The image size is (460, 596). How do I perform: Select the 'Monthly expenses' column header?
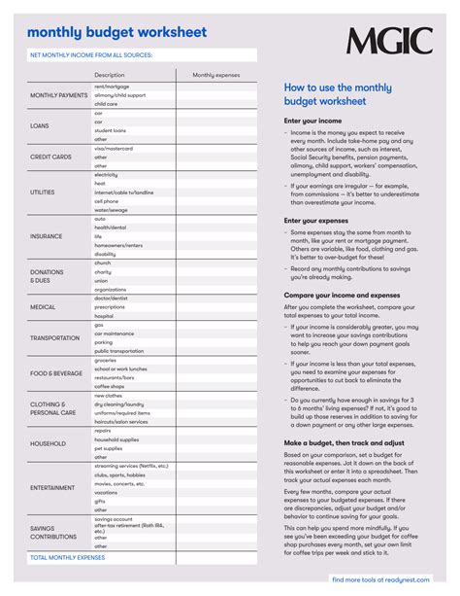coord(215,75)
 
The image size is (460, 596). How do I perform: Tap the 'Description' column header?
coord(110,75)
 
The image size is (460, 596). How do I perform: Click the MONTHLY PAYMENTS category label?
coord(58,95)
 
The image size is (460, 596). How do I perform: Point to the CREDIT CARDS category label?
coord(51,157)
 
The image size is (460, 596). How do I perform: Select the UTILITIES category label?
coord(44,193)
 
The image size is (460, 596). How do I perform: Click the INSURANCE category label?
coord(46,236)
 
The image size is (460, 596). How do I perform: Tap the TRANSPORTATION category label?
coord(54,338)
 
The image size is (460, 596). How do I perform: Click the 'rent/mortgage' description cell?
coord(113,87)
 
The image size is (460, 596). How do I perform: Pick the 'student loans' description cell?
coord(110,130)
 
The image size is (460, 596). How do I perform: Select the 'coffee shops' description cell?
coord(109,386)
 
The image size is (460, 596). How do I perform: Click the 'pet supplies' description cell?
coord(109,448)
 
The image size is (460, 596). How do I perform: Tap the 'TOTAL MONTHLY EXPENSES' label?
coord(68,558)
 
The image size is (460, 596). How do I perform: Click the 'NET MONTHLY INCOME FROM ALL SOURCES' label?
coord(92,55)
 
